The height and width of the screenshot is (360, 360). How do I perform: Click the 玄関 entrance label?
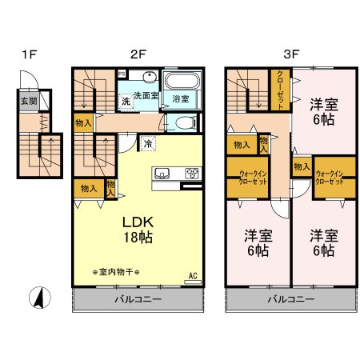click(29, 101)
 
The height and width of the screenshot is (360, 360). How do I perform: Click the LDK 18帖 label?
click(137, 228)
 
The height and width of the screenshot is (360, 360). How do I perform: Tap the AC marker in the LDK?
click(192, 276)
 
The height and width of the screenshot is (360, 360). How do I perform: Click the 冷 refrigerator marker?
click(149, 143)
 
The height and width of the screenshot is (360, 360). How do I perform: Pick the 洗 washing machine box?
click(126, 102)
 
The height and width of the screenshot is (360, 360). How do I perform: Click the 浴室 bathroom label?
click(182, 99)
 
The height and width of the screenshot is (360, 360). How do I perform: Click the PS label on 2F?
click(122, 74)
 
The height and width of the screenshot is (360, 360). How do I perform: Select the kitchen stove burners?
click(192, 173)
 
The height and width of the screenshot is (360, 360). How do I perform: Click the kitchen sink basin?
click(160, 173)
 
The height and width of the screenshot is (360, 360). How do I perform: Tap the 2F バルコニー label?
click(137, 300)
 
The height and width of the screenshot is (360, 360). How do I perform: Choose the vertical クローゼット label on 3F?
click(281, 89)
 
